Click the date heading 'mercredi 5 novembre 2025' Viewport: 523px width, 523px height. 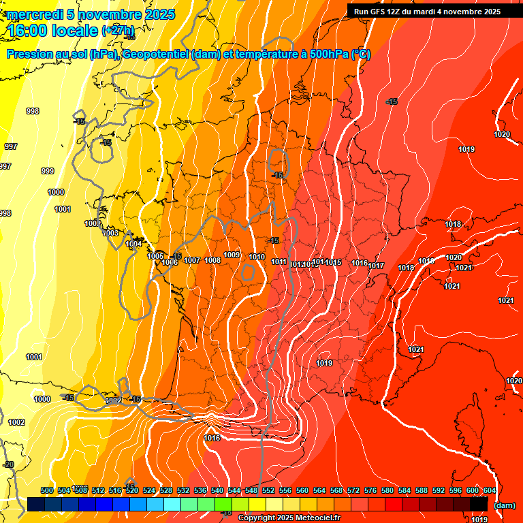pyautogui.click(x=91, y=14)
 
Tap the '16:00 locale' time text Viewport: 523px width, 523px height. pyautogui.click(x=51, y=31)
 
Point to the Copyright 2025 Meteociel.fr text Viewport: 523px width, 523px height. pyautogui.click(x=289, y=518)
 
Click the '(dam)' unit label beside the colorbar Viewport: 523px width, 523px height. pyautogui.click(x=504, y=505)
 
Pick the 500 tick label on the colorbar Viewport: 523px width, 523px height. pyautogui.click(x=47, y=490)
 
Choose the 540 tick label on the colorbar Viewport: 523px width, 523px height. pyautogui.click(x=217, y=490)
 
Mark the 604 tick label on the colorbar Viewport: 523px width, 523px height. pyautogui.click(x=490, y=490)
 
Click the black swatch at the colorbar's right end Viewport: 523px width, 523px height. pyautogui.click(x=479, y=505)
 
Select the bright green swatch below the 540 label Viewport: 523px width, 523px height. pyautogui.click(x=223, y=505)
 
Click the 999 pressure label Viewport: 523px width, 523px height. pyautogui.click(x=48, y=171)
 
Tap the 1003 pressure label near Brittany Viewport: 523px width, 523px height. pyautogui.click(x=110, y=233)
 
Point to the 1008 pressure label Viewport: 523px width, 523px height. pyautogui.click(x=212, y=260)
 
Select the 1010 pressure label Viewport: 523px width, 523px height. pyautogui.click(x=257, y=257)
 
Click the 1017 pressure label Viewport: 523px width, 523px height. pyautogui.click(x=377, y=266)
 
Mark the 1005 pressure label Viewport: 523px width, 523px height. pyautogui.click(x=155, y=256)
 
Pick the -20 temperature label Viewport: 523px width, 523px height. pyautogui.click(x=8, y=464)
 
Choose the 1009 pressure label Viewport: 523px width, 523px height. pyautogui.click(x=232, y=255)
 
